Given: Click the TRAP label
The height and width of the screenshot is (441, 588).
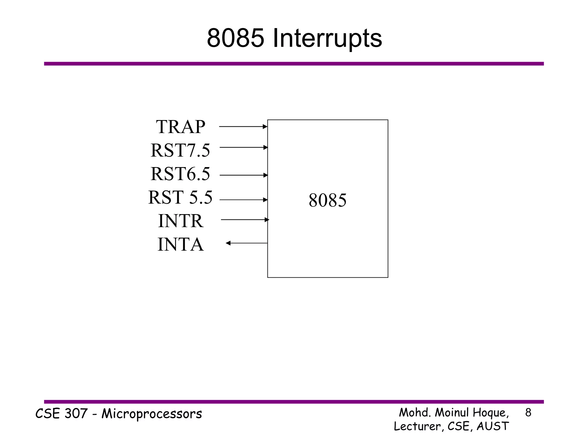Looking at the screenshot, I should [x=181, y=127].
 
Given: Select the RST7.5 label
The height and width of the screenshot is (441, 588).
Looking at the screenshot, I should [x=180, y=150].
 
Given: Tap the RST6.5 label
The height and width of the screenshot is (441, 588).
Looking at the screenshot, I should [x=180, y=174].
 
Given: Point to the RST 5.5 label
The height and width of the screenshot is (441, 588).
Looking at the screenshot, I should [x=180, y=197].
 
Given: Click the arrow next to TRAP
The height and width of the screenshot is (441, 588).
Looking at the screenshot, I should [x=243, y=126].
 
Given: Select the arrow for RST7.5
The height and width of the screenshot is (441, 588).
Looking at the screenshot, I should [x=243, y=147].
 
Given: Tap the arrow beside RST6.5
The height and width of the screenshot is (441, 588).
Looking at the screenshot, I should [x=243, y=175].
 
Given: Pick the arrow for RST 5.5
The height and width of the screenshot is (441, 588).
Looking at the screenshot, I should [x=243, y=200].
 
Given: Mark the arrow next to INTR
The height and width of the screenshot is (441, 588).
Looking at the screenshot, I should [x=245, y=220].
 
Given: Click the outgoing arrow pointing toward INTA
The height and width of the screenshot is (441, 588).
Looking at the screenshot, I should [x=246, y=243].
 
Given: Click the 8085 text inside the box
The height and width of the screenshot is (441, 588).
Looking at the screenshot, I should [x=328, y=200].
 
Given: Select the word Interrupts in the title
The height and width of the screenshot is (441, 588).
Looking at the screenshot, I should [x=327, y=38].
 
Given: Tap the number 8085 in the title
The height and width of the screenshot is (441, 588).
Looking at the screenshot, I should [x=235, y=38].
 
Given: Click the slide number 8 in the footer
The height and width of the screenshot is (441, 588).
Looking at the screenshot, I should [x=528, y=413].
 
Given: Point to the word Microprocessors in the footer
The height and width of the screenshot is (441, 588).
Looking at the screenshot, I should [x=152, y=414].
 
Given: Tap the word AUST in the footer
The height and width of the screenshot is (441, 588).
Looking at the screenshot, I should [x=493, y=426].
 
